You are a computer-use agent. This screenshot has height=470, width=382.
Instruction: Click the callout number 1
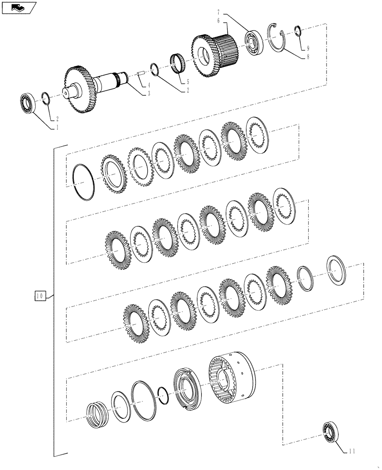coord(57,127)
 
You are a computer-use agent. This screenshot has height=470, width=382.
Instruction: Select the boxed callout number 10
coord(40,296)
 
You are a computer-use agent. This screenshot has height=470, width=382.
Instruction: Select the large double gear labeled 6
coord(211,49)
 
